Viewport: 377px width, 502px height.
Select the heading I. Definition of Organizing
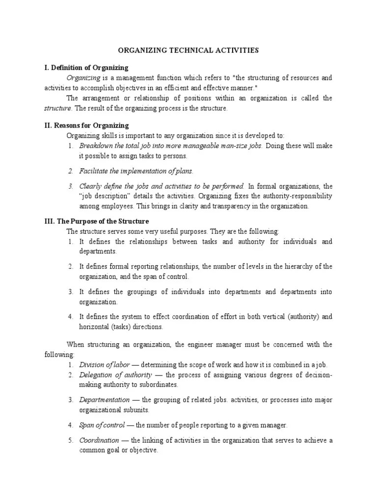(86, 67)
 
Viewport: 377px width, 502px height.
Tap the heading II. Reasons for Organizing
(86, 125)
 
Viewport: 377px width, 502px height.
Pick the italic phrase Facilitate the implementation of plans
(136, 171)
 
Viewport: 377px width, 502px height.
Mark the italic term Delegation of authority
(111, 375)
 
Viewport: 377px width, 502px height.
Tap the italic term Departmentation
(105, 400)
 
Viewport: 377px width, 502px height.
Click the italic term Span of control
(102, 425)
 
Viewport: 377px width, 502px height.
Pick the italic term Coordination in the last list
(99, 440)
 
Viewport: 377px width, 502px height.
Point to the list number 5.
(70, 440)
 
